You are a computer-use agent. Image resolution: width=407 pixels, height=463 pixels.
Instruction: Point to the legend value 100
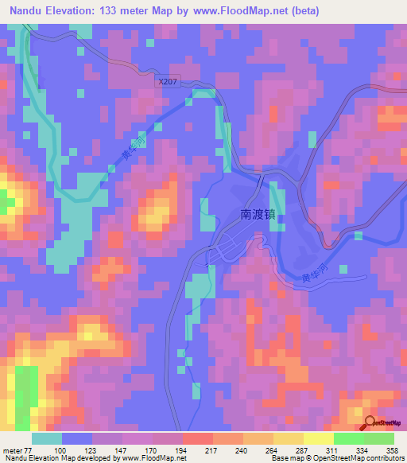pyautogui.click(x=79, y=449)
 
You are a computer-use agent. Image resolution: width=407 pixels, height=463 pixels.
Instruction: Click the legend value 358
pyautogui.click(x=393, y=449)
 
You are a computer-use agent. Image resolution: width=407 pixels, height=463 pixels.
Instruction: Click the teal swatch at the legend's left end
pyautogui.click(x=48, y=438)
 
